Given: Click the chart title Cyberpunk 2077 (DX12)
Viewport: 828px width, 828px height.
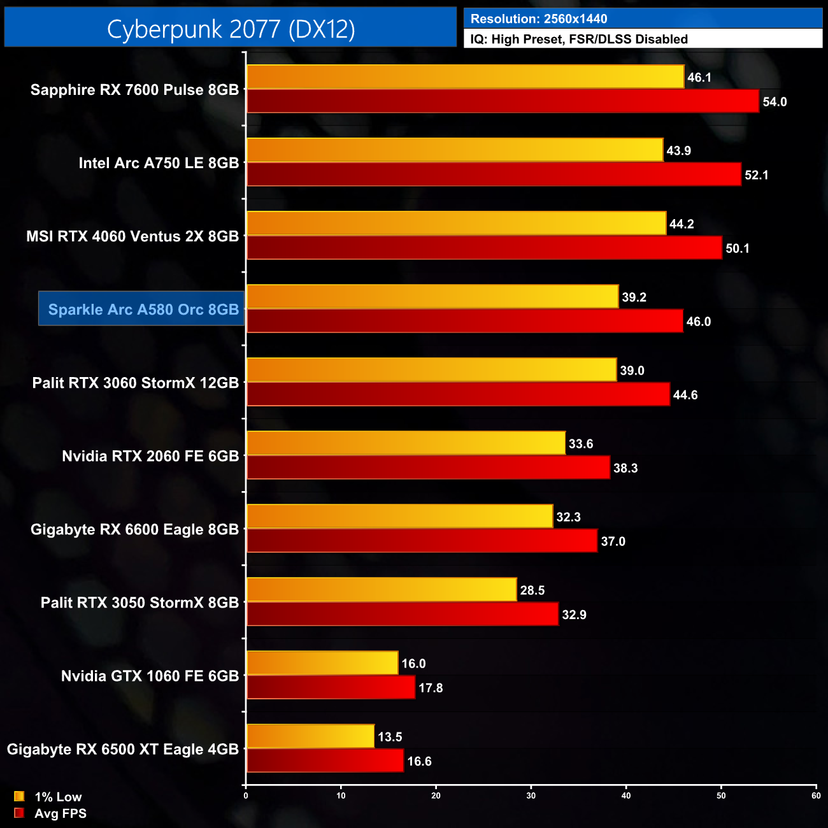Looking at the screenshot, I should pos(231,29).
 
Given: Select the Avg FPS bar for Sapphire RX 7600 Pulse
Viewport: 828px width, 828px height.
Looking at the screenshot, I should pos(503,101).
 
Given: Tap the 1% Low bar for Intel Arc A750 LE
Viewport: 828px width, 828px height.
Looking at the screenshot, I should pos(455,150).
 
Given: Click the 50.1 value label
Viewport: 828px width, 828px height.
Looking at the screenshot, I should pos(738,248).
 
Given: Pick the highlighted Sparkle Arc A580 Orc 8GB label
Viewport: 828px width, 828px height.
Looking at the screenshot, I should pos(143,310).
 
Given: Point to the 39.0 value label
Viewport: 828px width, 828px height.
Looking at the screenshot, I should pos(632,371).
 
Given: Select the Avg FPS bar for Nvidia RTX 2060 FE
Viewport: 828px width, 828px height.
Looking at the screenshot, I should pos(428,468).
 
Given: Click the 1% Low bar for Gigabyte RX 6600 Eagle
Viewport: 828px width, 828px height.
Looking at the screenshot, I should pos(399,516).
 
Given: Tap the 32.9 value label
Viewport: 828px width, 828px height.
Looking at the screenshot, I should pos(574,615).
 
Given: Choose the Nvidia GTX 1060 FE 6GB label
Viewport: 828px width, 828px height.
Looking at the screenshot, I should pos(150,676).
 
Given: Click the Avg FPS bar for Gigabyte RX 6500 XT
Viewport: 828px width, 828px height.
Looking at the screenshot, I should pos(325,760).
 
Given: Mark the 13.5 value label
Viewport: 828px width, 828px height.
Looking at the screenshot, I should pos(390,737).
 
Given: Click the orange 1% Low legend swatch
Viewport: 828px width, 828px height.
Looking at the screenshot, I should pos(19,796).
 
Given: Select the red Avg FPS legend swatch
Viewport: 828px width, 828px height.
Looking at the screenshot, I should pos(19,813).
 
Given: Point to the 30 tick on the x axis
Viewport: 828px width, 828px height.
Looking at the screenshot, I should pos(531,796).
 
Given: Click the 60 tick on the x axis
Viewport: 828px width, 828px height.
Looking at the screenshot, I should pos(816,796).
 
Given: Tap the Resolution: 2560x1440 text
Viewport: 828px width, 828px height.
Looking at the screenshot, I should pos(539,19).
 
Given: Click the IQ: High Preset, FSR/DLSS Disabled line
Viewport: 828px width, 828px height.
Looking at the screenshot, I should pos(579,39).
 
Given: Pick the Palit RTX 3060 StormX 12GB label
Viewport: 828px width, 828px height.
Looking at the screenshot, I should pos(136,383).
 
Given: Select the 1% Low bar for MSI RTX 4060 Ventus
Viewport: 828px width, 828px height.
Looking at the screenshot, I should pos(456,223).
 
